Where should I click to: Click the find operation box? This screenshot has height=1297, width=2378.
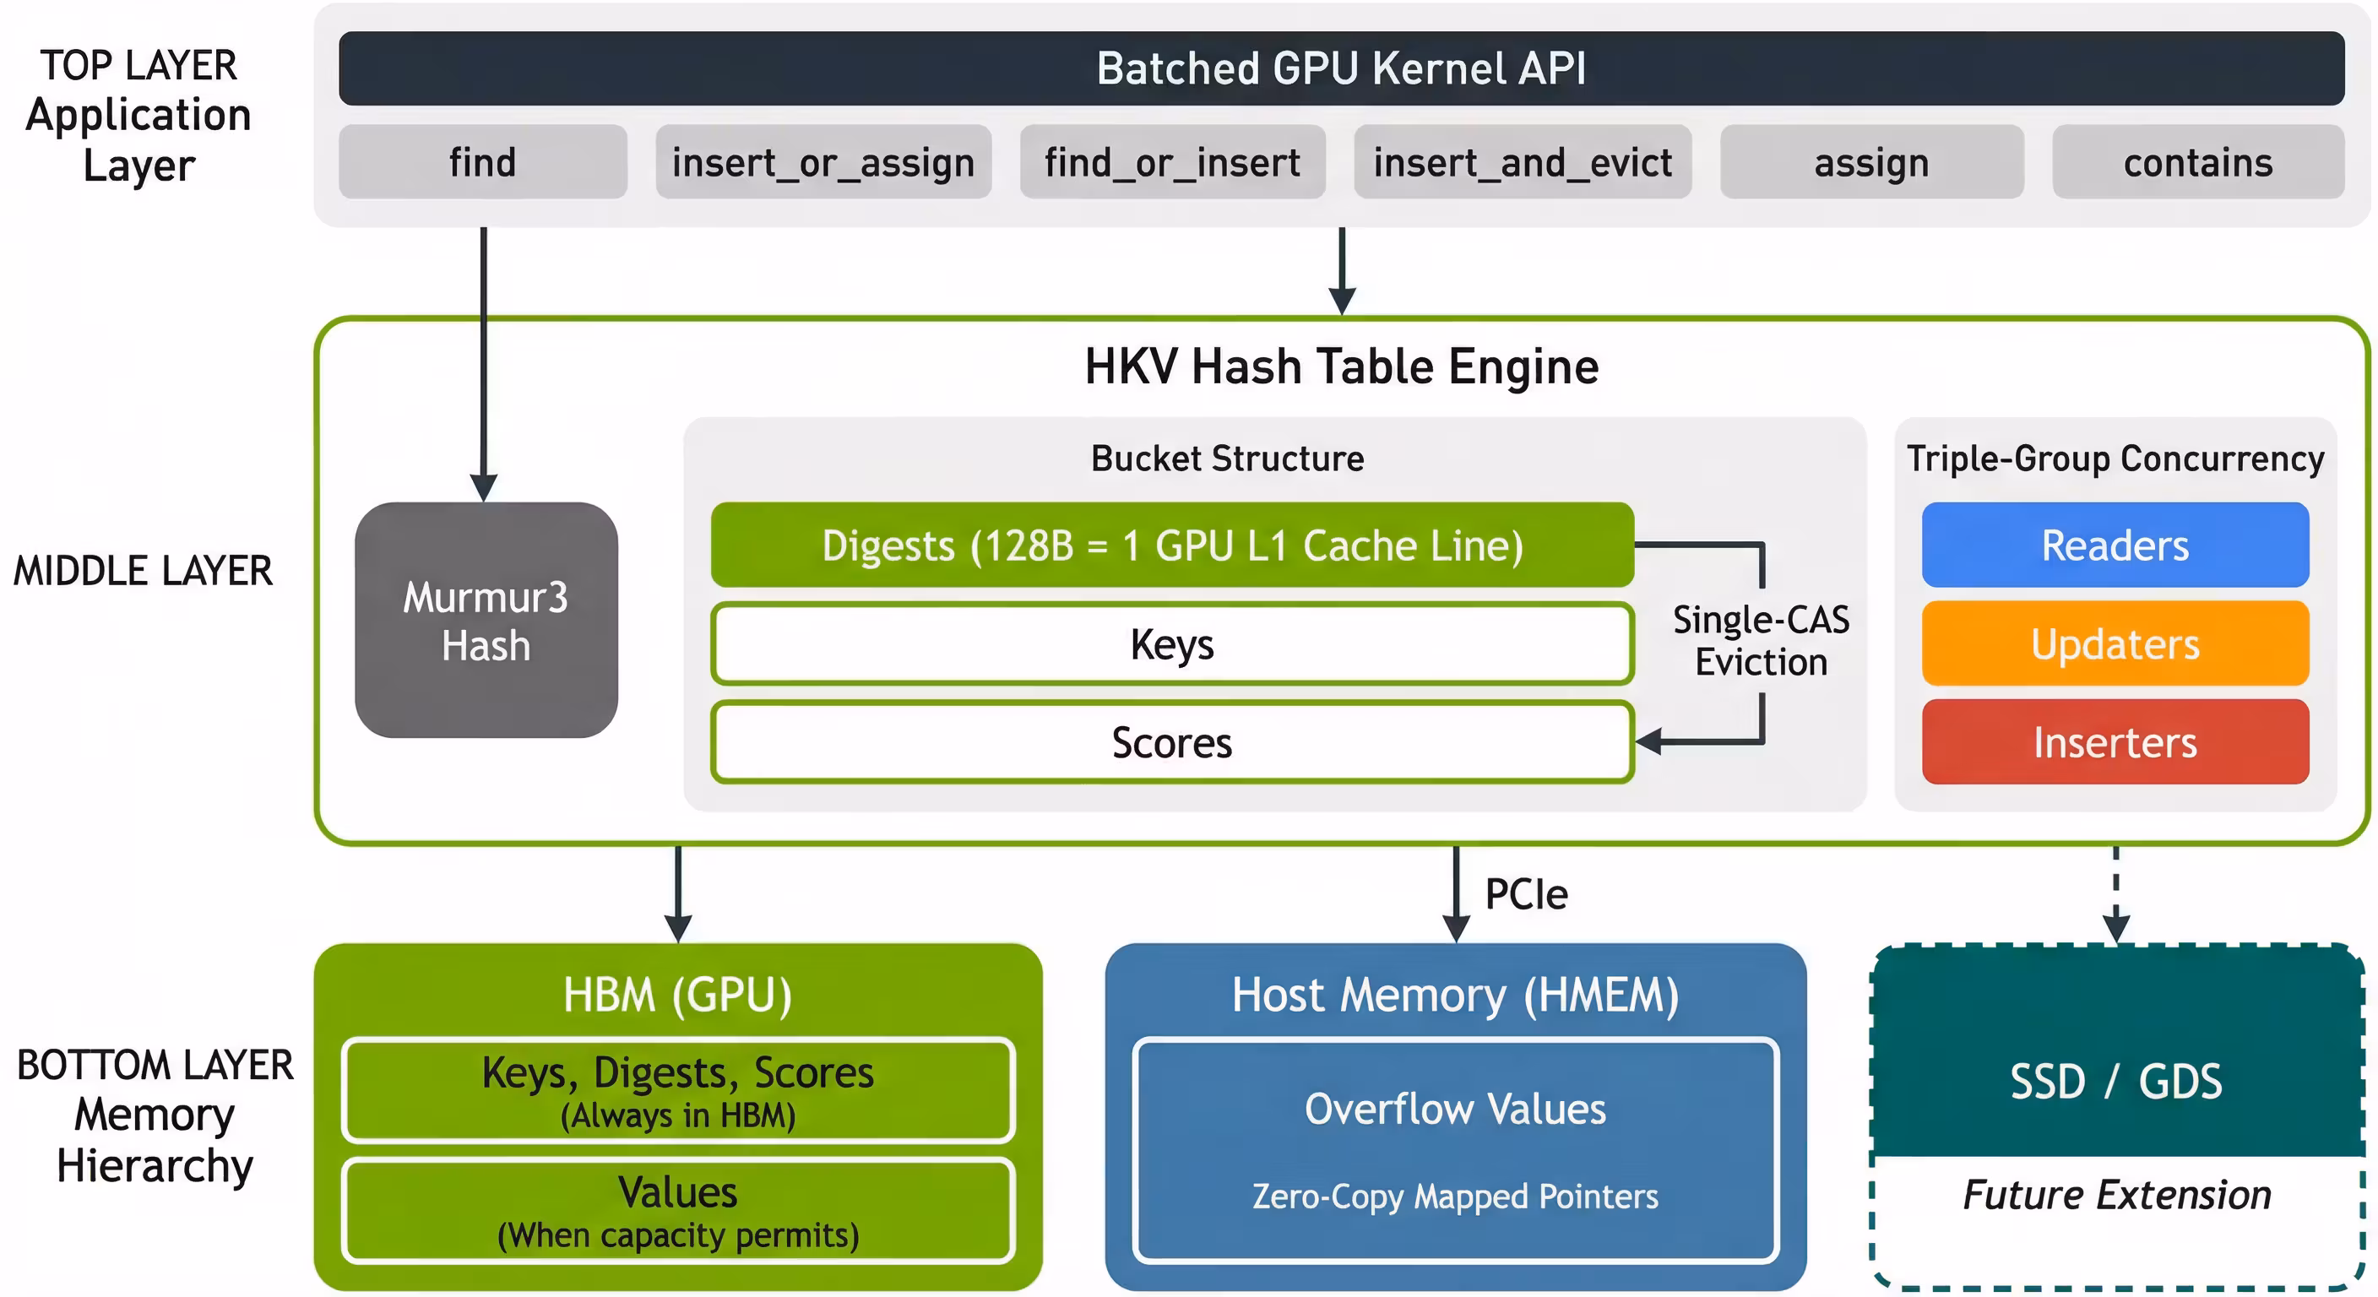(483, 161)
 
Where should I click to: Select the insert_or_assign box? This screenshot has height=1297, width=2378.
(823, 161)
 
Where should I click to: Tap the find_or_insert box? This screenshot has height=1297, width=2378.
(1172, 161)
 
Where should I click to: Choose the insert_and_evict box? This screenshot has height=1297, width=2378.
(1523, 161)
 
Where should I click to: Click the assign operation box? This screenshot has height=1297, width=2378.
(1872, 161)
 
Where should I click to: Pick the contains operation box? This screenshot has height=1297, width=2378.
(2198, 161)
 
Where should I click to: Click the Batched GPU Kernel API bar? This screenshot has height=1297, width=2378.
(1341, 68)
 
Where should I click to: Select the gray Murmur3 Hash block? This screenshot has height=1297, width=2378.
(486, 620)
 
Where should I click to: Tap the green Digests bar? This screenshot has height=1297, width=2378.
(1172, 545)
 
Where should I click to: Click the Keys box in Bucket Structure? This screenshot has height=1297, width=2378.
(1172, 643)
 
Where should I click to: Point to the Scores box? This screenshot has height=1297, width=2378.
(1172, 742)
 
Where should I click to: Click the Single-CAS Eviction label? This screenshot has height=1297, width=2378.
(1762, 641)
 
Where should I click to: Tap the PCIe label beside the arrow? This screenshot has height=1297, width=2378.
(1526, 893)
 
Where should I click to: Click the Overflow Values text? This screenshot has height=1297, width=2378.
(1455, 1109)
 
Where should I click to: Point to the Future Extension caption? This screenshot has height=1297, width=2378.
(2117, 1195)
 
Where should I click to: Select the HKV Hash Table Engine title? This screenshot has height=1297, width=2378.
(1341, 366)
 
